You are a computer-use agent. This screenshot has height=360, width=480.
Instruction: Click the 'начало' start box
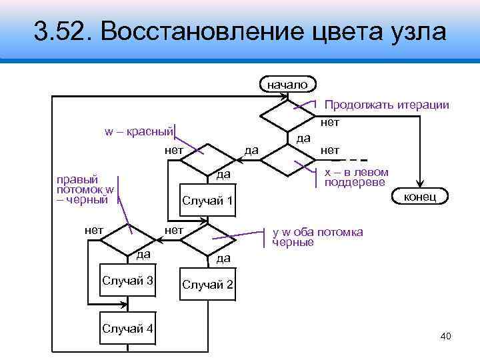click(287, 85)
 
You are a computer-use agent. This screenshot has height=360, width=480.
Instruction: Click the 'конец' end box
click(421, 195)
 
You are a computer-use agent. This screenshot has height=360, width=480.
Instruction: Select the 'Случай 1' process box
click(207, 201)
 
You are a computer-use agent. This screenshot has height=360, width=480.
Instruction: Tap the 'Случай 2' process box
click(207, 285)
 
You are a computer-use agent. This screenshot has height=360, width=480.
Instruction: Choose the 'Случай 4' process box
click(127, 328)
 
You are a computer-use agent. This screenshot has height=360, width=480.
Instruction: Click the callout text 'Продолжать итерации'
click(386, 105)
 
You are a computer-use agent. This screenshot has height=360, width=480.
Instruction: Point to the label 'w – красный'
click(139, 130)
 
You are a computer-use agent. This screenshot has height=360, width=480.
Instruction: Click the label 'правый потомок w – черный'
click(81, 189)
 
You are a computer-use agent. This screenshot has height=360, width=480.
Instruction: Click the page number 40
click(446, 336)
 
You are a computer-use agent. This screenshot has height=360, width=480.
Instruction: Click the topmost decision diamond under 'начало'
click(287, 117)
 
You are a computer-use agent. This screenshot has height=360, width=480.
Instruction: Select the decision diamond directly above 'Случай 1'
click(207, 159)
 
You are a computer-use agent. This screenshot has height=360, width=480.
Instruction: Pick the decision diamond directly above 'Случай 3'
click(127, 237)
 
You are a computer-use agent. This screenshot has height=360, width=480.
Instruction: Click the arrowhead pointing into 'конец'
click(421, 183)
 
